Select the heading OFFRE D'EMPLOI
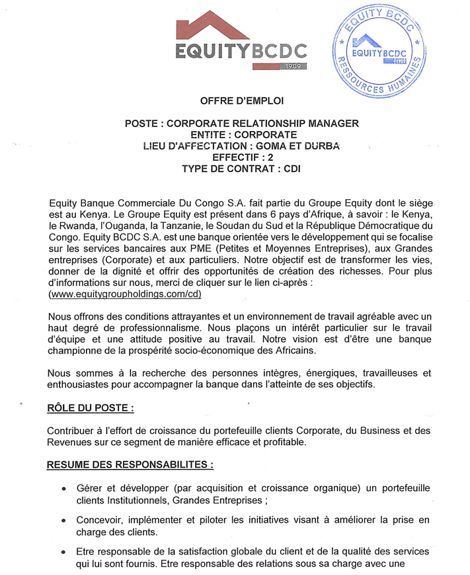click(x=241, y=101)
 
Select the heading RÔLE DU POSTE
click(x=91, y=408)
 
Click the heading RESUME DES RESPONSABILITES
click(x=130, y=465)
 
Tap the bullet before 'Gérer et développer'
click(x=63, y=488)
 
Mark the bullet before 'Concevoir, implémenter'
click(x=63, y=520)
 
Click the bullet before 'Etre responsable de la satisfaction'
click(x=63, y=552)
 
